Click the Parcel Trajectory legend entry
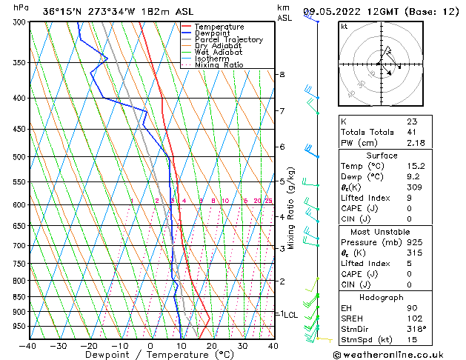(228, 39)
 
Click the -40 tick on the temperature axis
(28, 345)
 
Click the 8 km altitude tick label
(282, 75)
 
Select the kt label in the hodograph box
(344, 27)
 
